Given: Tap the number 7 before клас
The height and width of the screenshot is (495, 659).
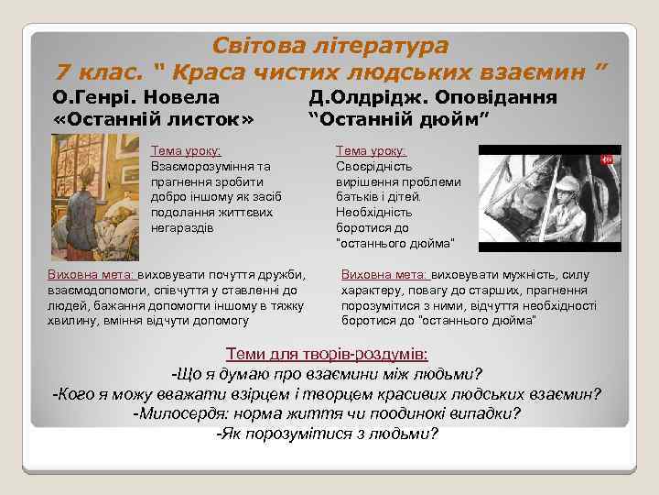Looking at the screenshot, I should pos(63,71).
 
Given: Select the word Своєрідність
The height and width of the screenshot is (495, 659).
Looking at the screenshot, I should pos(373,167).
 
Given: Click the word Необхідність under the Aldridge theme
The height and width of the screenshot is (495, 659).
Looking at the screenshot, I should pos(373,211).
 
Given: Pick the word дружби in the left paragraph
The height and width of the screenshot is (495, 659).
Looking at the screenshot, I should pos(284,275).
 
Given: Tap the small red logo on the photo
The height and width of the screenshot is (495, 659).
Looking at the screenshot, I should pos(605,159).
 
